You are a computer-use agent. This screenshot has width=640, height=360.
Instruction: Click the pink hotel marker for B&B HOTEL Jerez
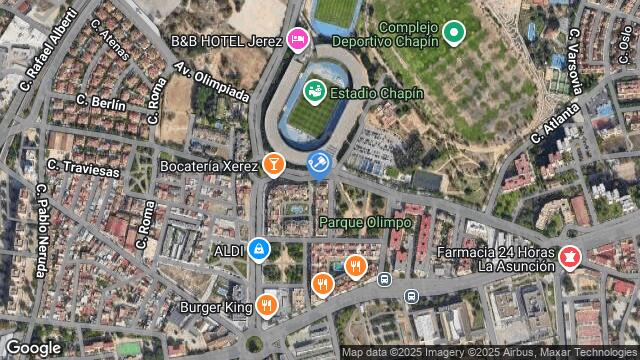pyautogui.click(x=296, y=39)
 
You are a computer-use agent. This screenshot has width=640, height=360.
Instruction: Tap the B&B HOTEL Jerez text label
pyautogui.click(x=227, y=40)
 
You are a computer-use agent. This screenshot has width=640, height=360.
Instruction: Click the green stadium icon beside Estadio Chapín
pyautogui.click(x=314, y=92)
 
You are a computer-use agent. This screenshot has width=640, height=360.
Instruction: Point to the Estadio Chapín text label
pyautogui.click(x=377, y=93)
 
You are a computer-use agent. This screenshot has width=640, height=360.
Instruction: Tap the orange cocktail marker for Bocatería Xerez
pyautogui.click(x=273, y=163)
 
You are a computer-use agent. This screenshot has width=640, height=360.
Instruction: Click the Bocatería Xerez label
pyautogui.click(x=209, y=164)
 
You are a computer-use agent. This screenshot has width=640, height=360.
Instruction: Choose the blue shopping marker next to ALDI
pyautogui.click(x=259, y=247)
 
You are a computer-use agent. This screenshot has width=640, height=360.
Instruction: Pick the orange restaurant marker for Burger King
pyautogui.click(x=266, y=305)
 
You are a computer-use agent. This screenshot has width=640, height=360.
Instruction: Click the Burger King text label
pyautogui.click(x=216, y=308)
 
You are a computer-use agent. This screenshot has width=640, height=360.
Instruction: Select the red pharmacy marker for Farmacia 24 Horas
pyautogui.click(x=570, y=258)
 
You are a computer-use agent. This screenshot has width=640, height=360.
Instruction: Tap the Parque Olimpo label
pyautogui.click(x=365, y=221)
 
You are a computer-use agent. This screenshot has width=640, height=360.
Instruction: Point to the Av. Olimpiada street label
pyautogui.click(x=211, y=82)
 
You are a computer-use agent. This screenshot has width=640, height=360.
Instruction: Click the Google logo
pyautogui.click(x=34, y=347)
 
